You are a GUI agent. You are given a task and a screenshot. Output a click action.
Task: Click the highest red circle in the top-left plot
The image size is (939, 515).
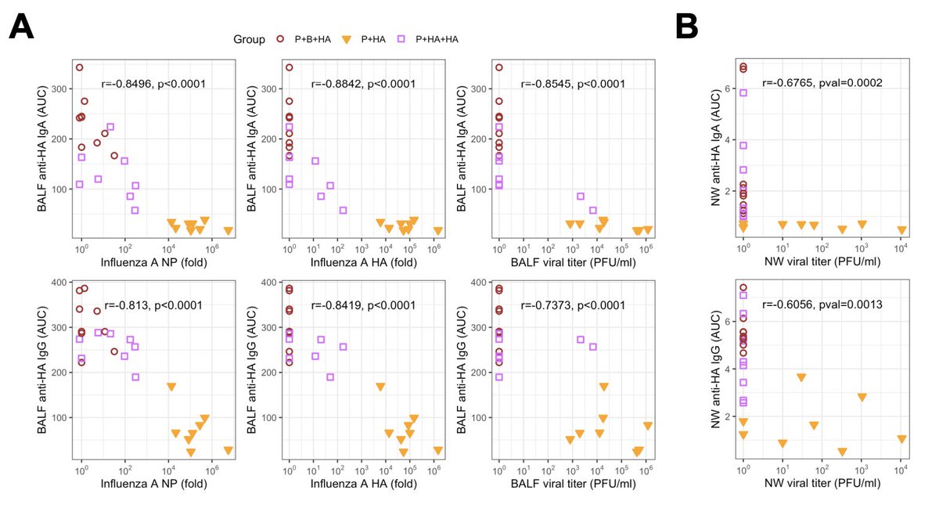[79, 67]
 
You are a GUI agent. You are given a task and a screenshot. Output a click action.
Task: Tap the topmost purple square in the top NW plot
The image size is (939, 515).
[743, 92]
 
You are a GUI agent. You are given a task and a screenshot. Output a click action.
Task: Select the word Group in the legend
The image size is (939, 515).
[247, 38]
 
